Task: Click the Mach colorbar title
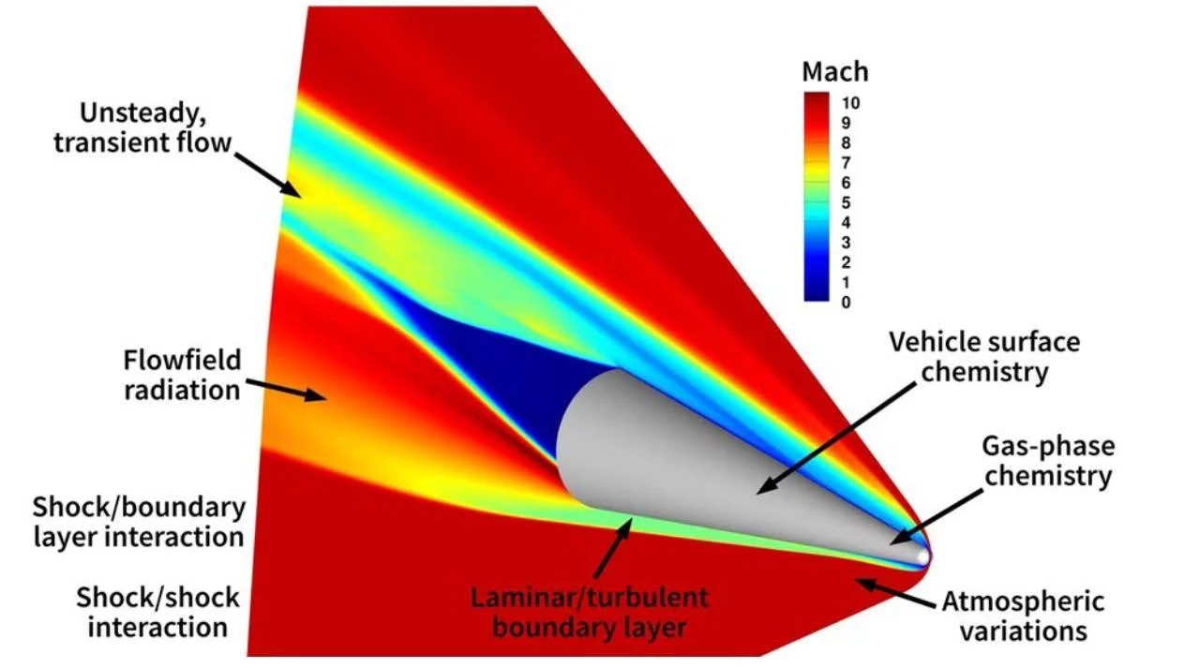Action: (x=834, y=72)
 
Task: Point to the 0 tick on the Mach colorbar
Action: (x=847, y=303)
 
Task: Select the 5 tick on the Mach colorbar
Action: (x=847, y=202)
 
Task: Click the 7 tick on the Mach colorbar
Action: (x=847, y=162)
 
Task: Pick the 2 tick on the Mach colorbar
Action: (x=847, y=262)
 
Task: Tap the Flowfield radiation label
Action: (x=182, y=375)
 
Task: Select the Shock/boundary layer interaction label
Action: (x=139, y=522)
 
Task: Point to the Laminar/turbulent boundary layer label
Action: (x=589, y=612)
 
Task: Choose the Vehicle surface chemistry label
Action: (x=984, y=356)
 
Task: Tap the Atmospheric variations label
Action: (x=1023, y=615)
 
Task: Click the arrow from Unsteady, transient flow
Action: (x=267, y=174)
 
